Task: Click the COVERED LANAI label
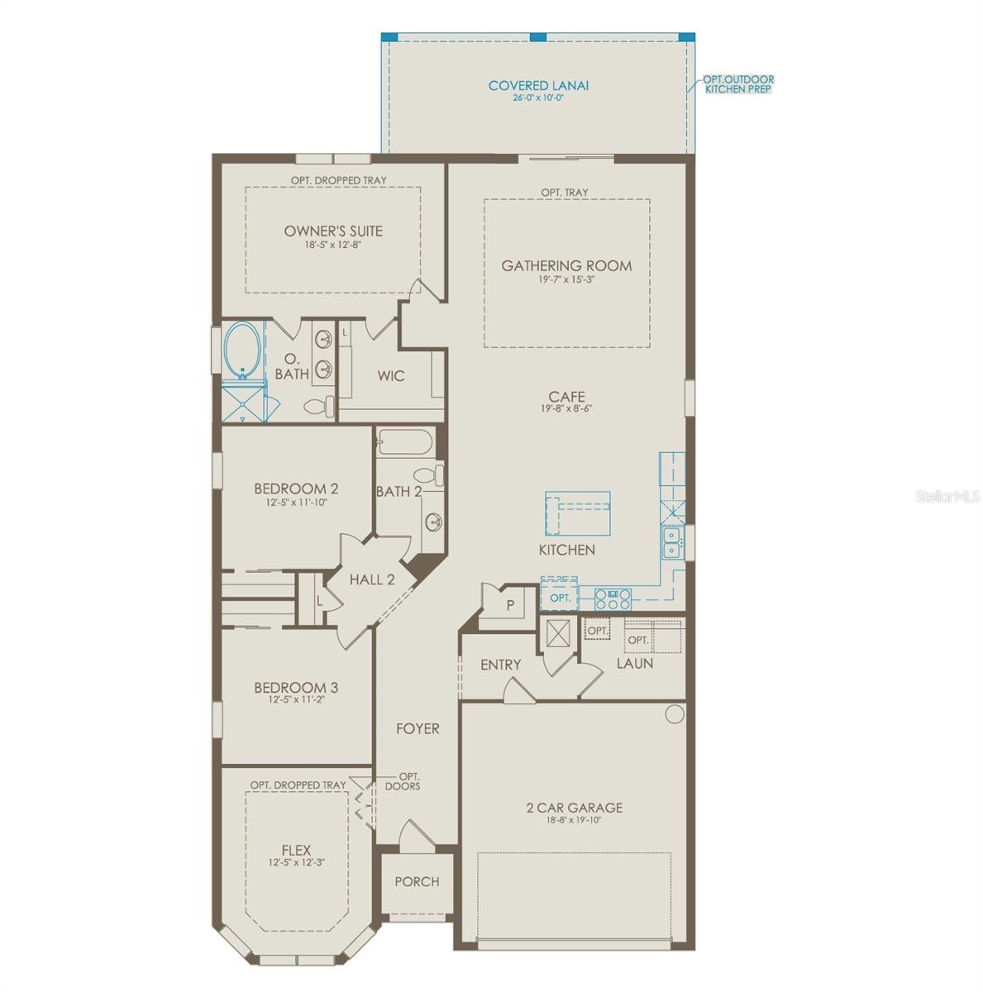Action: point(537,85)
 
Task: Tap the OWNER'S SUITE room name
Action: point(333,231)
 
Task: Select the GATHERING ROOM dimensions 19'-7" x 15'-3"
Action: point(566,279)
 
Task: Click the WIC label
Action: point(391,376)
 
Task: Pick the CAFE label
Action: point(566,397)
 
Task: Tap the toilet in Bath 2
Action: point(429,474)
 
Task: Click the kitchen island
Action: point(578,513)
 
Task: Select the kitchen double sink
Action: point(671,542)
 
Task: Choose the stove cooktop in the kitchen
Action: point(613,599)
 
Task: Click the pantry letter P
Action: point(510,605)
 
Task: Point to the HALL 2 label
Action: point(372,579)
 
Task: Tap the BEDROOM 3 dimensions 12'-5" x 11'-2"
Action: point(296,699)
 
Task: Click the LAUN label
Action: point(635,663)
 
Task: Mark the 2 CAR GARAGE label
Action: point(574,808)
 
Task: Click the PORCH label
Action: point(417,882)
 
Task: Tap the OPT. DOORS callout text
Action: point(403,781)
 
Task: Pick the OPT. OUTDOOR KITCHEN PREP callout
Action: point(738,84)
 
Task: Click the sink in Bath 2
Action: point(433,522)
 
